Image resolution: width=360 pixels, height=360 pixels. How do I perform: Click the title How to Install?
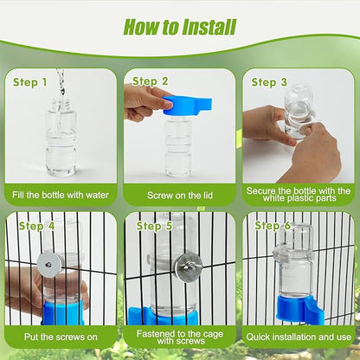180,26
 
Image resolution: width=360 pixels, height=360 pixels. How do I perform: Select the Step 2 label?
151,81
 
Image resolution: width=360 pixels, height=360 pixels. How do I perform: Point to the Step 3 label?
269,82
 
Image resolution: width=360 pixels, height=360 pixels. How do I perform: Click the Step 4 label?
36,226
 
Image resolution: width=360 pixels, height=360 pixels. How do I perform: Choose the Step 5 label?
153,226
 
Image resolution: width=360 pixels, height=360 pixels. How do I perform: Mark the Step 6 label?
271,225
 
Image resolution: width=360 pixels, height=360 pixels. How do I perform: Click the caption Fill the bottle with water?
61,195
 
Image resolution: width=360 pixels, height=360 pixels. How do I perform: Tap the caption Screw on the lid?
179,195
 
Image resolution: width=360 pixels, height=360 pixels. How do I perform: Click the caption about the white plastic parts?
299,195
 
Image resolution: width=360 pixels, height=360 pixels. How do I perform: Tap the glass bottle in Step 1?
61,138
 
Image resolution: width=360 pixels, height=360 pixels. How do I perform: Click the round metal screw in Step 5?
185,264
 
